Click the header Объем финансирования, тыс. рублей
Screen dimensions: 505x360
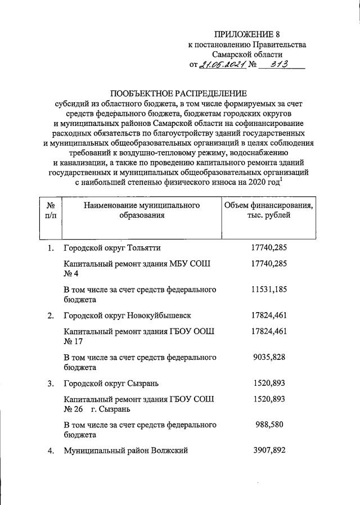[269, 209]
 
